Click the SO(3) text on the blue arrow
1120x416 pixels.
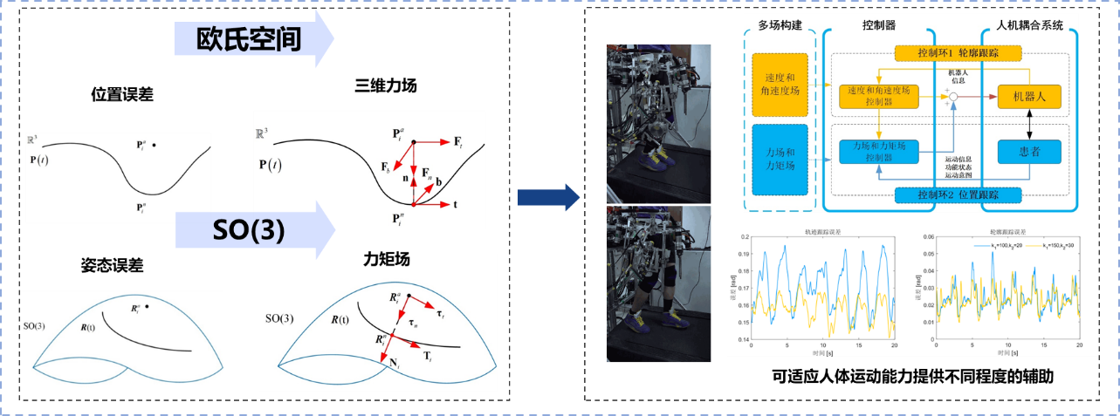pyautogui.click(x=248, y=232)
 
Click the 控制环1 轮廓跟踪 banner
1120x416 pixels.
pyautogui.click(x=958, y=54)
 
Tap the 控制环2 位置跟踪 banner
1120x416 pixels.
pyautogui.click(x=958, y=193)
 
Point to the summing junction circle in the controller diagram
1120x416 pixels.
pyautogui.click(x=954, y=95)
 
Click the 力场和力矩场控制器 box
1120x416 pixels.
pyautogui.click(x=878, y=151)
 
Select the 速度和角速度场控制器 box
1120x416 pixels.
pyautogui.click(x=878, y=96)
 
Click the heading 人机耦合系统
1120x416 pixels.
pyautogui.click(x=1030, y=25)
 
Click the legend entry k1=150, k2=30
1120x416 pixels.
pyautogui.click(x=1053, y=247)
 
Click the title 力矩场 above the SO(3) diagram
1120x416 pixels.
pyautogui.click(x=386, y=260)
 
